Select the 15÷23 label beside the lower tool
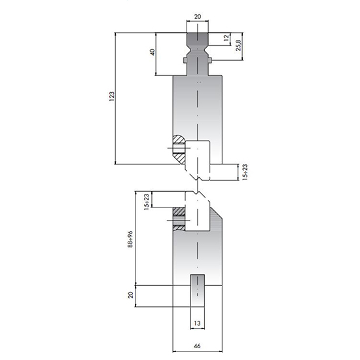point(147,203)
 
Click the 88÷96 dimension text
point(131,240)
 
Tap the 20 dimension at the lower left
point(131,296)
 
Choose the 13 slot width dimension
point(197,322)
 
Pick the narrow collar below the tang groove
point(198,62)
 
